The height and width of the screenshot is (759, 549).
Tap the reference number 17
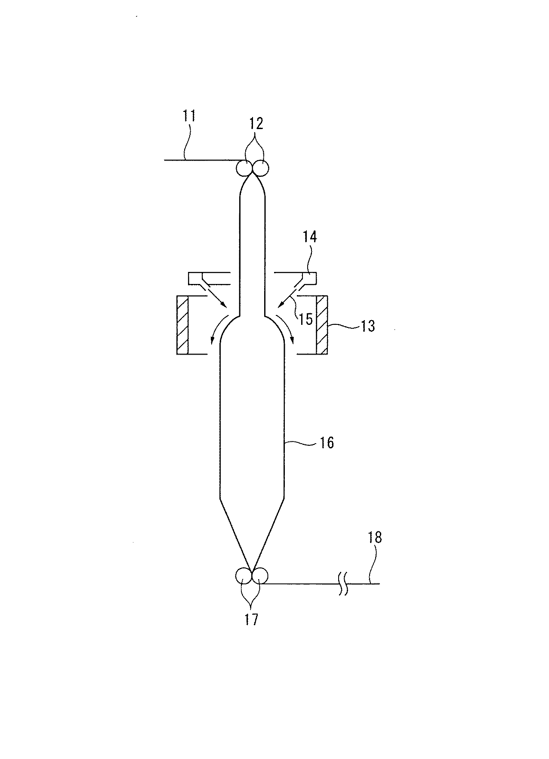252,619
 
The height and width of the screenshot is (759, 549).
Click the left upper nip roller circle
244,168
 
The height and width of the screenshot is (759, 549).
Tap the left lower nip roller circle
244,576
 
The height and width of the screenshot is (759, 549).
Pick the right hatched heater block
322,325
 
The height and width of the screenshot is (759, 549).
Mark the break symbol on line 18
343,583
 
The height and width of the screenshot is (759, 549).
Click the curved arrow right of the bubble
286,329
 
